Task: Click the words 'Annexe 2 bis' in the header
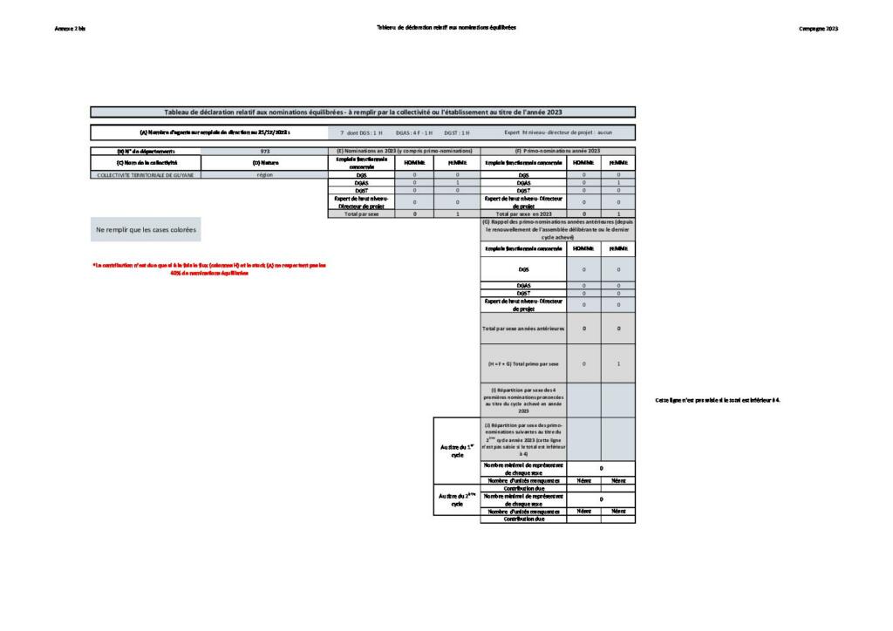coord(69,28)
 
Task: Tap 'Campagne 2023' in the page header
coord(818,28)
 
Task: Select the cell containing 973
coord(263,151)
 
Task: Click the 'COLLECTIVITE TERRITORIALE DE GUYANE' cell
coord(145,174)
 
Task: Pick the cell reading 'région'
coord(263,174)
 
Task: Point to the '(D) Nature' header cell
coord(263,162)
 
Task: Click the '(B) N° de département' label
coord(145,151)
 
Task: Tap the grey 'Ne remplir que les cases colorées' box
coord(146,230)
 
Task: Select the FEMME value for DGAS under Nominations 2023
coord(457,182)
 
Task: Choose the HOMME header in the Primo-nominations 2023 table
coord(583,162)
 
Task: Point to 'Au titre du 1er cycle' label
coord(456,451)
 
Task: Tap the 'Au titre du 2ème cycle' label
coord(456,500)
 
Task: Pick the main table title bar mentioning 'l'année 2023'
coord(363,112)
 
